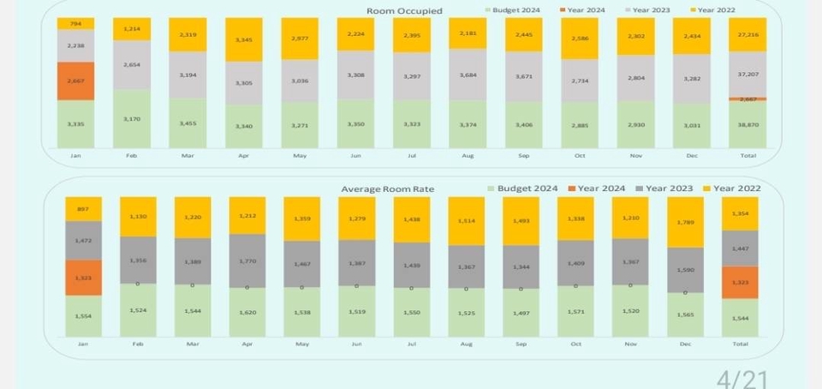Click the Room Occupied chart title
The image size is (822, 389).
click(x=404, y=11)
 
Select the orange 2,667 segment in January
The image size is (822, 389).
click(x=76, y=81)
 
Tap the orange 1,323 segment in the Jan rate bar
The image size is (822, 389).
click(x=83, y=278)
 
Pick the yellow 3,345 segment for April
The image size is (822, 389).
click(x=244, y=39)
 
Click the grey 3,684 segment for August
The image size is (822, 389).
click(x=468, y=75)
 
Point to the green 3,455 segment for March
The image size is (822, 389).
click(x=188, y=123)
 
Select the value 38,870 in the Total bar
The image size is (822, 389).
click(x=748, y=125)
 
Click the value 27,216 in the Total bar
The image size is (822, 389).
click(x=748, y=34)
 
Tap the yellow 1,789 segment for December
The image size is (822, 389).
click(x=685, y=222)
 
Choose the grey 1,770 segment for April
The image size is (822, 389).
click(x=247, y=260)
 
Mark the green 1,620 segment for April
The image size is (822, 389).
click(x=247, y=313)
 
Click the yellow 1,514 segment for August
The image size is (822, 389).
click(x=466, y=220)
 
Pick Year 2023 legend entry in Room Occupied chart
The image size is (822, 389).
click(x=652, y=10)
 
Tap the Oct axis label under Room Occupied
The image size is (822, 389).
click(x=579, y=156)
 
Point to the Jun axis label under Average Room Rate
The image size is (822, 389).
click(x=357, y=344)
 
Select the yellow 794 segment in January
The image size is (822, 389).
click(x=76, y=23)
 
